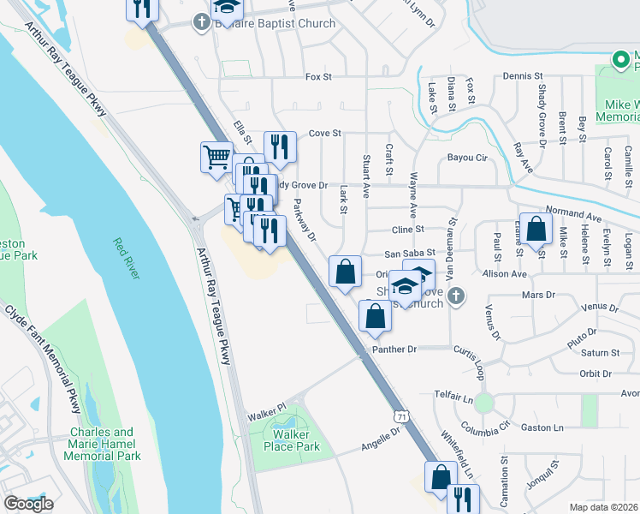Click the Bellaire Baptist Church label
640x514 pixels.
pyautogui.click(x=276, y=23)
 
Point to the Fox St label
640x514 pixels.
pyautogui.click(x=318, y=77)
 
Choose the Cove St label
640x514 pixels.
pyautogui.click(x=324, y=134)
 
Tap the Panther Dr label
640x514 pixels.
pyautogui.click(x=394, y=350)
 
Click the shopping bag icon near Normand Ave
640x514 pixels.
pyautogui.click(x=536, y=229)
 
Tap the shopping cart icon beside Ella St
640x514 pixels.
pyautogui.click(x=216, y=156)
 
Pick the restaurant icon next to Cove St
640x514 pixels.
pyautogui.click(x=279, y=146)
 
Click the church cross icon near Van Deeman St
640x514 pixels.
pyautogui.click(x=456, y=296)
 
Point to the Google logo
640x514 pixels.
pyautogui.click(x=28, y=504)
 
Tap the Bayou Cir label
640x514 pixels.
pyautogui.click(x=467, y=158)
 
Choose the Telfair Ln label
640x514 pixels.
pyautogui.click(x=453, y=398)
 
